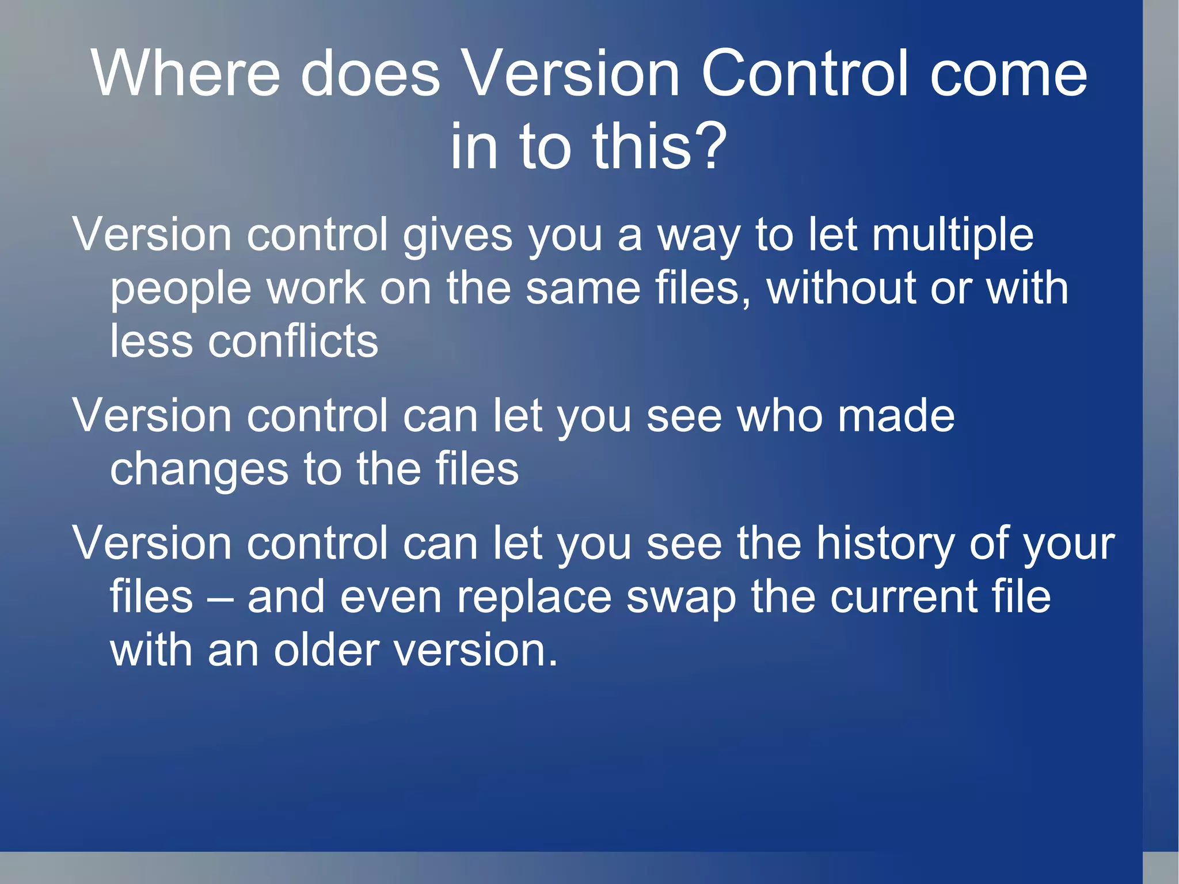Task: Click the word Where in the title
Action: click(185, 74)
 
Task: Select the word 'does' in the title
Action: click(370, 74)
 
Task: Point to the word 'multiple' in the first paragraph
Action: click(952, 236)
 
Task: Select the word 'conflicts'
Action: click(293, 342)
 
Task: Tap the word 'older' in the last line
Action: click(326, 651)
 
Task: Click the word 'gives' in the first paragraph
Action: click(457, 236)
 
